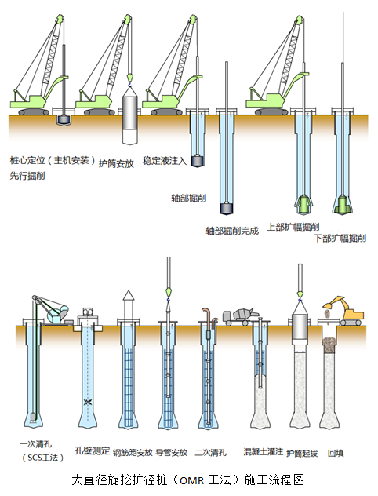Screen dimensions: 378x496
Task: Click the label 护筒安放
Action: pyautogui.click(x=116, y=163)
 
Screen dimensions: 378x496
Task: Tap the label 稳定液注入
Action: pyautogui.click(x=165, y=161)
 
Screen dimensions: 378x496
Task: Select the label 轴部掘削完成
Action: pyautogui.click(x=232, y=231)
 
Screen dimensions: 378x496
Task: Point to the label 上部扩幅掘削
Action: pyautogui.click(x=293, y=227)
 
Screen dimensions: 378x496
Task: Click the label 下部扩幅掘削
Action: pyautogui.click(x=340, y=238)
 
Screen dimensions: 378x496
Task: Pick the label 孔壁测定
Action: pyautogui.click(x=92, y=450)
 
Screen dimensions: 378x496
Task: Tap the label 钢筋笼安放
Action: pyautogui.click(x=133, y=453)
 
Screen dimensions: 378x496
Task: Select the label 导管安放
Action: pyautogui.click(x=172, y=453)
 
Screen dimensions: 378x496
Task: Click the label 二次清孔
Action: pyautogui.click(x=210, y=453)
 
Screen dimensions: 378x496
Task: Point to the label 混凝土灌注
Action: pyautogui.click(x=264, y=451)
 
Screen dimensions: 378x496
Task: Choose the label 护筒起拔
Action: pyautogui.click(x=302, y=454)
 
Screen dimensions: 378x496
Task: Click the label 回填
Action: pyautogui.click(x=336, y=454)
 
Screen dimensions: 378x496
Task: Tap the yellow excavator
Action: pyautogui.click(x=344, y=311)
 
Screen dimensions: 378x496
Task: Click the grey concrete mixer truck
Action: pyautogui.click(x=241, y=316)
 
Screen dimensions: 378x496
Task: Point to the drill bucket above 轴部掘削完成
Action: pyautogui.click(x=227, y=209)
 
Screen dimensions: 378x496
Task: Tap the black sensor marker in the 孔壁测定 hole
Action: pyautogui.click(x=87, y=403)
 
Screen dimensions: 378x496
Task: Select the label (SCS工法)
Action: pyautogui.click(x=43, y=458)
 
